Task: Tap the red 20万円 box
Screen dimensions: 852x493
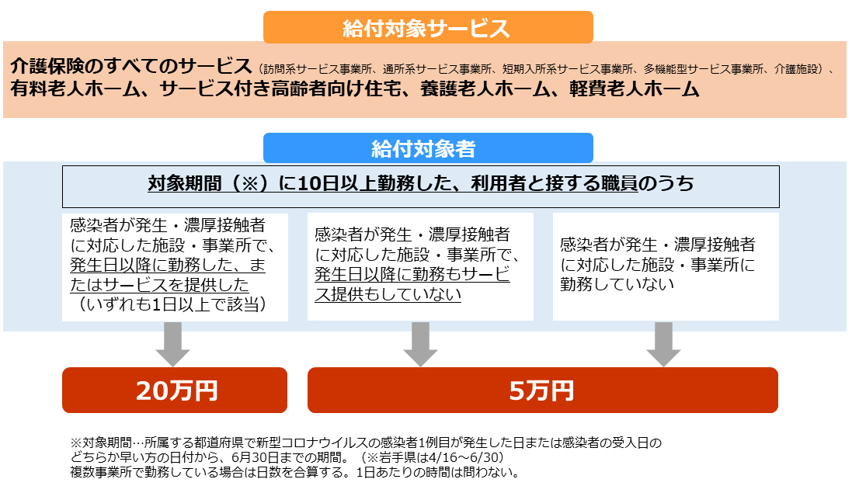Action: coord(175,390)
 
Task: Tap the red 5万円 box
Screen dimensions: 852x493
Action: coord(542,390)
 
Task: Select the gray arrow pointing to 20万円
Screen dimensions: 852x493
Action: coord(172,344)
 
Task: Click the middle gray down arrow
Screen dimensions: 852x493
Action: coord(421,344)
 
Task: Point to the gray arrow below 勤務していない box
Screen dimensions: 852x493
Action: coord(663,344)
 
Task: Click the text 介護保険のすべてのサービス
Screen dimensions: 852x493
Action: coord(131,66)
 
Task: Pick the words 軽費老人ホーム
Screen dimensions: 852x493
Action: coord(634,89)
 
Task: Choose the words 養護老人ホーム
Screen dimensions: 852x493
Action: coord(485,89)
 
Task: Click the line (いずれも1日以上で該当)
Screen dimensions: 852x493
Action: coord(172,304)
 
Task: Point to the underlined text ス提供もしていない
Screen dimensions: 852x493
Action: coord(388,294)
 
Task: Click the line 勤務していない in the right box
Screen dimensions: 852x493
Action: coord(617,284)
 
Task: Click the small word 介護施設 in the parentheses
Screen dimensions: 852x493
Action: coord(796,69)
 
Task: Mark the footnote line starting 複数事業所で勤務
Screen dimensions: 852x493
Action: coord(294,472)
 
